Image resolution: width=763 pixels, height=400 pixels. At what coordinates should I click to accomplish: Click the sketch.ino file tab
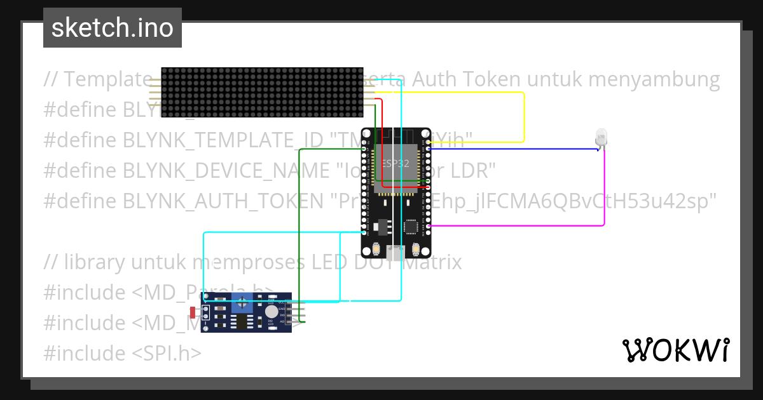pos(113,28)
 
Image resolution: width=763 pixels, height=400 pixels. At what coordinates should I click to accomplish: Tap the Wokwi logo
pos(675,350)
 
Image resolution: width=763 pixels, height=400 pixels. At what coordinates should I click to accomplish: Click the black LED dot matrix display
pos(262,93)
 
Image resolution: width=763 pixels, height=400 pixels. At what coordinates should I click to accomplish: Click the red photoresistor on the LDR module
pos(195,312)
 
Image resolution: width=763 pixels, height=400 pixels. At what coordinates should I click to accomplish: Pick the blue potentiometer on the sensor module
pos(242,304)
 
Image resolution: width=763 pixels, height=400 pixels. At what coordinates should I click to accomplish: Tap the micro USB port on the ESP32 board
pos(397,253)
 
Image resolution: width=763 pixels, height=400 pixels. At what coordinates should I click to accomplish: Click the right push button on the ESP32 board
pos(416,248)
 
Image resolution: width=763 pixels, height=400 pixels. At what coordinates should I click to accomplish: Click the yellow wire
pos(523,114)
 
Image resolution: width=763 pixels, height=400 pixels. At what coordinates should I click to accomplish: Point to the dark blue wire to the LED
pos(509,149)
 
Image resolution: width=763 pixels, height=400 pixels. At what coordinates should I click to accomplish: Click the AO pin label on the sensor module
pos(282,322)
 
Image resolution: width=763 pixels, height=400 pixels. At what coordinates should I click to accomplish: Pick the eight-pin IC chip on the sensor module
pos(242,322)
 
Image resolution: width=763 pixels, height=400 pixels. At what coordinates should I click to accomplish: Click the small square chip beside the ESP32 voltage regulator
pos(411,227)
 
